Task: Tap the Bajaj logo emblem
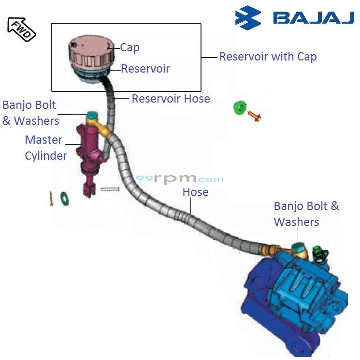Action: coord(248,18)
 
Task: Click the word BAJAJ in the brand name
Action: coord(313,18)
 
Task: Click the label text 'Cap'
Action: coord(130,47)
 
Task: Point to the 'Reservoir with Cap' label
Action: coord(268,57)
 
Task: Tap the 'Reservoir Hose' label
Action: coord(171,99)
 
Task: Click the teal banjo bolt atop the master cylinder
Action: coord(92,116)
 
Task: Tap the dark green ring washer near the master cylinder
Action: coord(63,197)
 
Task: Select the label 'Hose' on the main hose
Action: coord(195,192)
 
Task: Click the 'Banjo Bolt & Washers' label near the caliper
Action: coord(306,214)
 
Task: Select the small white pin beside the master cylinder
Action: coord(110,188)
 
